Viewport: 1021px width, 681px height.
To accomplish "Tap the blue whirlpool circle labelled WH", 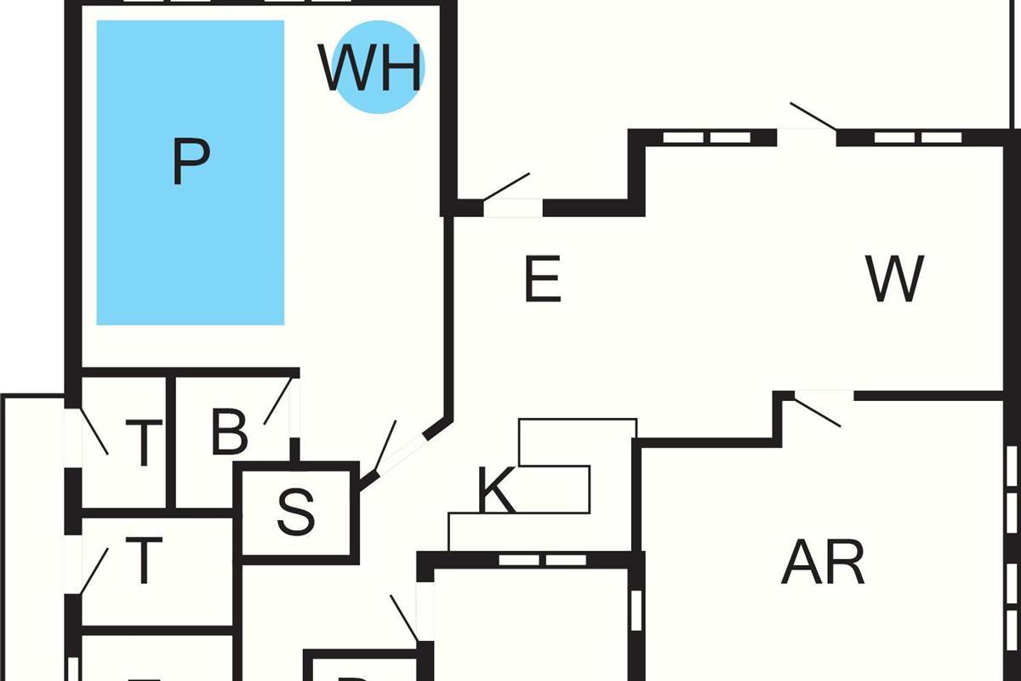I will (377, 67).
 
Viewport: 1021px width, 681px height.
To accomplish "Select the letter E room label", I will (542, 279).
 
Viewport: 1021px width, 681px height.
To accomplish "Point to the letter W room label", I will (894, 279).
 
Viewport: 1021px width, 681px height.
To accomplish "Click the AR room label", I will (823, 563).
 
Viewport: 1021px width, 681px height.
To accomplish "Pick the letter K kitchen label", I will (496, 492).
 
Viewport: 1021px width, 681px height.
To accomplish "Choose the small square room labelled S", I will (296, 512).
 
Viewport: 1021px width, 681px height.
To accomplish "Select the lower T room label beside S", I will (144, 560).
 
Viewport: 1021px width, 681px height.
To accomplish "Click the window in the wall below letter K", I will (542, 559).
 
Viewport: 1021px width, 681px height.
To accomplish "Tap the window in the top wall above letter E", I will (706, 137).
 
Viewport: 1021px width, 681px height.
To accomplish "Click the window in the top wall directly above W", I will (918, 137).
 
